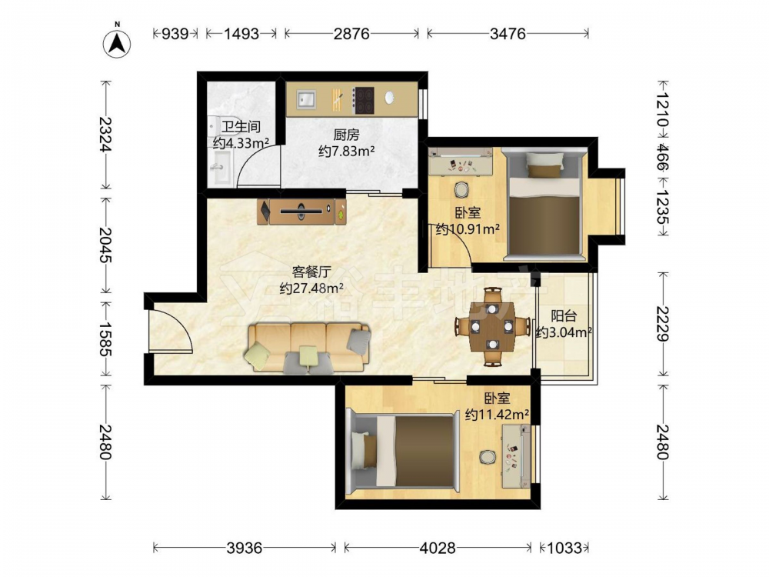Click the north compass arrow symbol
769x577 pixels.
117,44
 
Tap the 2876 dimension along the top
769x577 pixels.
351,33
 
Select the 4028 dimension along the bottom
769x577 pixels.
437,547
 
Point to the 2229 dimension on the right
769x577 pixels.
663,323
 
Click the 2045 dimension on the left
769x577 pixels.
105,245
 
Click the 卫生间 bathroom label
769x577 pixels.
240,127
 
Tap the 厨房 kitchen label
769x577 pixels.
346,134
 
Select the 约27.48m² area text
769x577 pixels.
311,288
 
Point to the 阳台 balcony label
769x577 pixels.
564,315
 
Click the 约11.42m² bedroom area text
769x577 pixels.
497,415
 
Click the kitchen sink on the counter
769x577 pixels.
306,99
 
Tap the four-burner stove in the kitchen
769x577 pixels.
364,99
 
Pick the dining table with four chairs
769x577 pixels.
492,327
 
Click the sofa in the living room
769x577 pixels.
309,348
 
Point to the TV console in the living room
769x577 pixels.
301,212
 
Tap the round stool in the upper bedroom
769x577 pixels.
461,189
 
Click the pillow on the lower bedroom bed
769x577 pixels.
364,450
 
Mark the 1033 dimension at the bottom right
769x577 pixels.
564,547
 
